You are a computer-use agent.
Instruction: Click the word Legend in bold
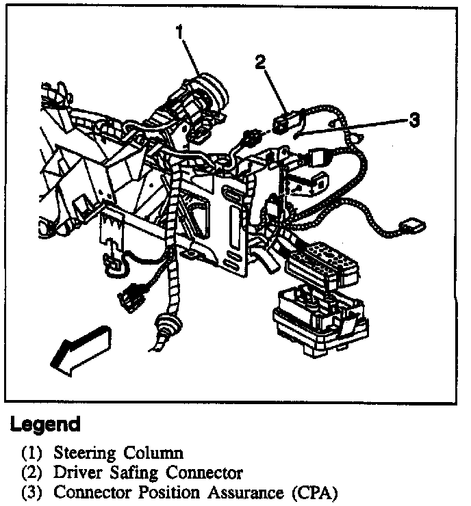coord(45,424)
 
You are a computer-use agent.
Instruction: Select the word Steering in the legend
coord(85,453)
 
